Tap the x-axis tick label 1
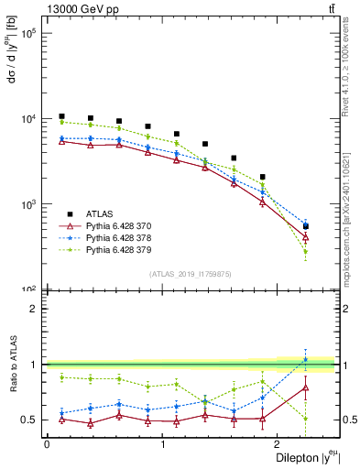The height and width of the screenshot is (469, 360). [163, 444]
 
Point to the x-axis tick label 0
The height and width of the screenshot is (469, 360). [46, 444]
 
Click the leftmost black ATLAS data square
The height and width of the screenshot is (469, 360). [61, 116]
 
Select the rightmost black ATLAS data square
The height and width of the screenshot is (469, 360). [306, 225]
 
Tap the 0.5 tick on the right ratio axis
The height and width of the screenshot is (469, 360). [349, 420]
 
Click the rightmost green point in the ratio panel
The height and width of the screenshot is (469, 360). [306, 419]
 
